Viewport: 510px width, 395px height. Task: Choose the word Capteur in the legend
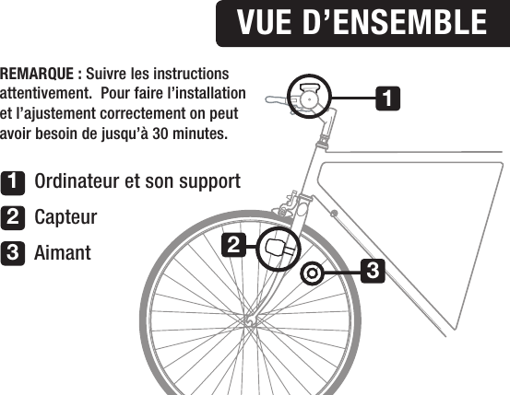click(65, 217)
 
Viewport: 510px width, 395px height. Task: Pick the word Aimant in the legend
click(63, 252)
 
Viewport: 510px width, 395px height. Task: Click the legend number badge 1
click(13, 180)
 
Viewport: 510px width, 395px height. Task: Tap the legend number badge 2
click(13, 217)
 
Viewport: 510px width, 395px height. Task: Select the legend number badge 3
click(13, 252)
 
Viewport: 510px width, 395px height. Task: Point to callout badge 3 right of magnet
click(372, 272)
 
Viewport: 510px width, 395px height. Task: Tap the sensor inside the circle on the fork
click(279, 247)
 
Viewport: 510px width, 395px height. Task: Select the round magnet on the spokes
click(312, 273)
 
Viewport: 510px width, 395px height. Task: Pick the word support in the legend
click(207, 180)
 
